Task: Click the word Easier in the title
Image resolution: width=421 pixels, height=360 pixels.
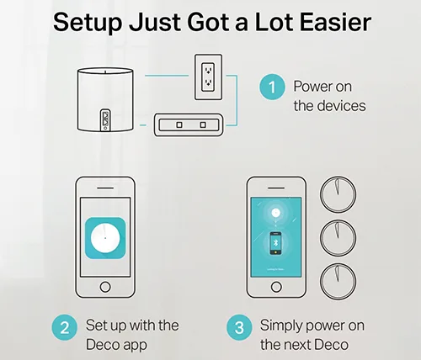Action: pyautogui.click(x=336, y=22)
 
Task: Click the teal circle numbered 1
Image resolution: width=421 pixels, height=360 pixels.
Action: pyautogui.click(x=272, y=87)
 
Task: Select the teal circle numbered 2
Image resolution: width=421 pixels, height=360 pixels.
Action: pyautogui.click(x=65, y=327)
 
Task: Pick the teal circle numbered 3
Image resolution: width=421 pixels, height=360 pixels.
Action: pyautogui.click(x=239, y=327)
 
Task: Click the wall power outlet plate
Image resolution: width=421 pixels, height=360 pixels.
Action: pyautogui.click(x=208, y=77)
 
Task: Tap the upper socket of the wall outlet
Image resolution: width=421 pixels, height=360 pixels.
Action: pyautogui.click(x=208, y=69)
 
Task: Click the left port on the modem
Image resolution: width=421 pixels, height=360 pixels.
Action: pyautogui.click(x=179, y=124)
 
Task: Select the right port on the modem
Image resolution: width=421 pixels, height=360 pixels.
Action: pyautogui.click(x=203, y=124)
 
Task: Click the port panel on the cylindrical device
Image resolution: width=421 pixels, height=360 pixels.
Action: pyautogui.click(x=105, y=120)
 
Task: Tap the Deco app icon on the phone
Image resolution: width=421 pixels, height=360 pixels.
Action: pyautogui.click(x=105, y=238)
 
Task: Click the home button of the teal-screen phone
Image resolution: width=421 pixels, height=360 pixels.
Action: pyautogui.click(x=276, y=287)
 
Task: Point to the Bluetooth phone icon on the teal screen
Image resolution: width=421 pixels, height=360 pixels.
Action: pyautogui.click(x=275, y=243)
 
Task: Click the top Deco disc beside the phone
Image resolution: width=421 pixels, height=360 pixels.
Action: pyautogui.click(x=338, y=194)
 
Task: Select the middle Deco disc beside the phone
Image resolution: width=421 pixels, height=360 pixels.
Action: pyautogui.click(x=338, y=238)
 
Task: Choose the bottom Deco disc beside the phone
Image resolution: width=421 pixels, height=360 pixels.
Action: pyautogui.click(x=338, y=282)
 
